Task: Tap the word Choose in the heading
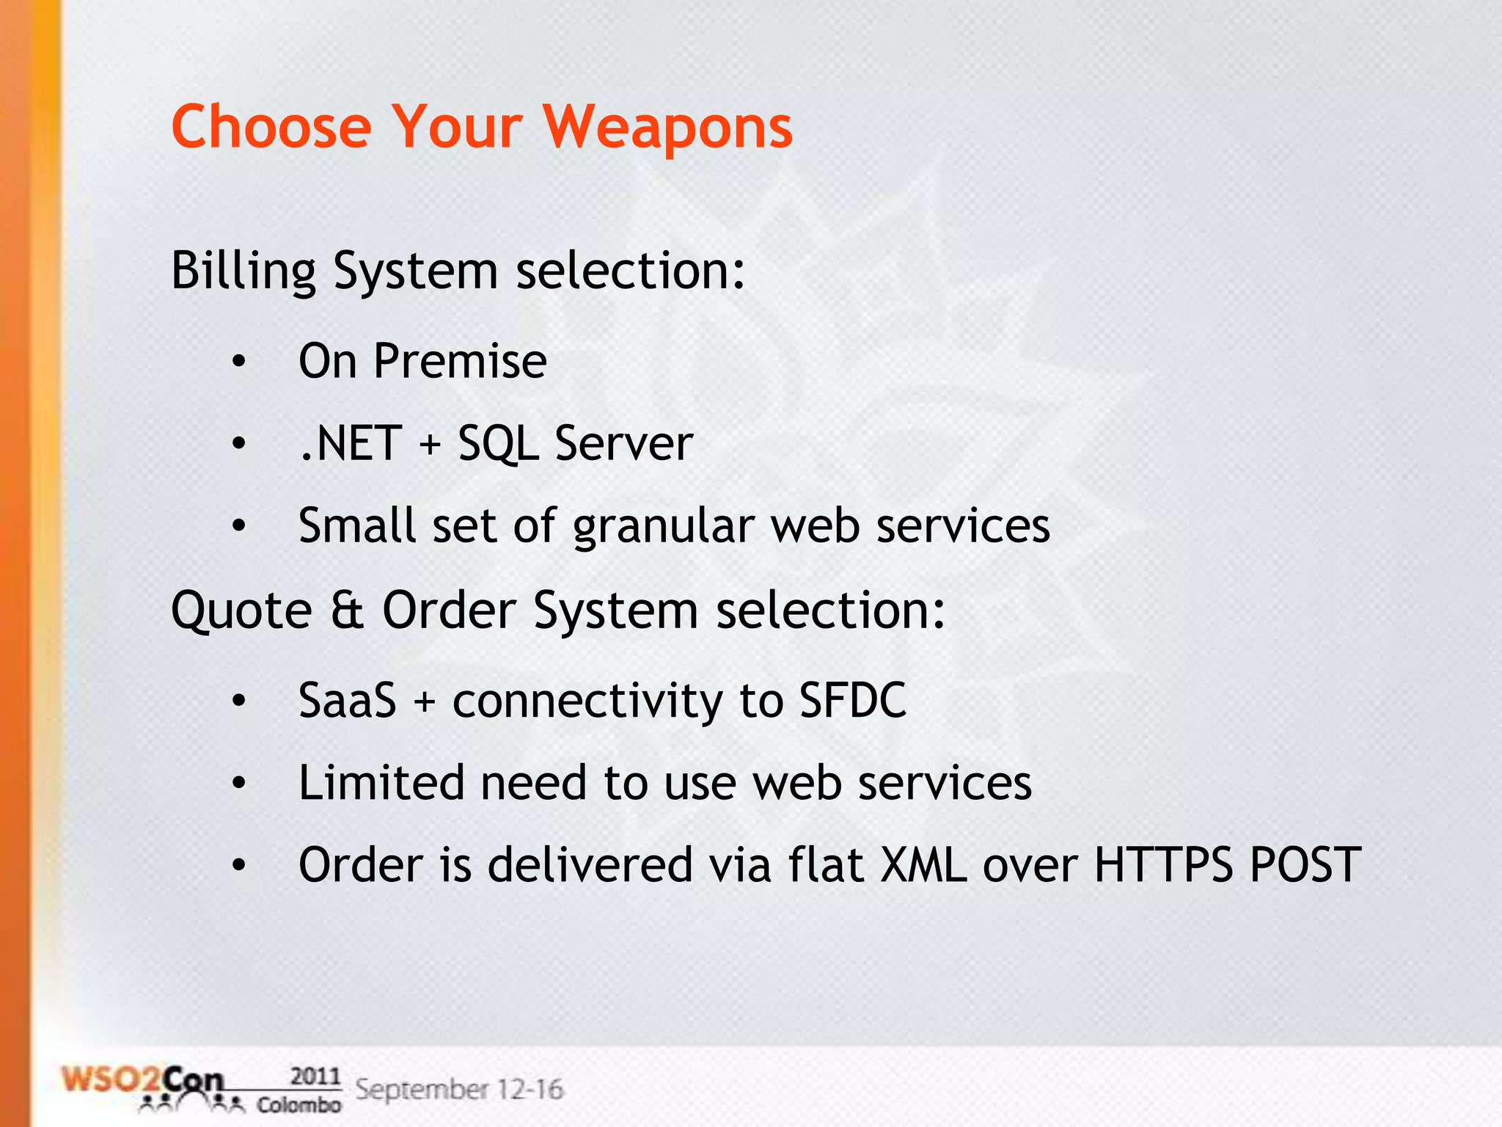click(x=271, y=126)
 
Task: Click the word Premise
click(x=460, y=361)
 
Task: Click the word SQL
click(x=498, y=445)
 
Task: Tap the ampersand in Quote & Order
click(x=347, y=610)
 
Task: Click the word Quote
click(x=241, y=610)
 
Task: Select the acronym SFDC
click(x=852, y=700)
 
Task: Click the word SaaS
click(x=347, y=700)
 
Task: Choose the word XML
click(x=923, y=864)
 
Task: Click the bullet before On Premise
click(x=238, y=362)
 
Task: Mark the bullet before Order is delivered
click(x=238, y=866)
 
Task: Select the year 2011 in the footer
click(x=315, y=1076)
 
